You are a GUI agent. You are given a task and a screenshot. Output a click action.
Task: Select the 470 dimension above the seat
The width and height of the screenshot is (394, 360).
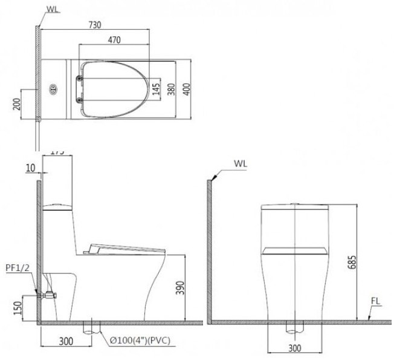(x=114, y=41)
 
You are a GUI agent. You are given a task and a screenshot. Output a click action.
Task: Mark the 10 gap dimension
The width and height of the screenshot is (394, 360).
(x=31, y=168)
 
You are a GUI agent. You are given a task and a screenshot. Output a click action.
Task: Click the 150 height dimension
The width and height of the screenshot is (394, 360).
(x=16, y=308)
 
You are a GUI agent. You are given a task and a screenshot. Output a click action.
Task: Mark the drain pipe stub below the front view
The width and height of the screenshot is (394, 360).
(x=293, y=329)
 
